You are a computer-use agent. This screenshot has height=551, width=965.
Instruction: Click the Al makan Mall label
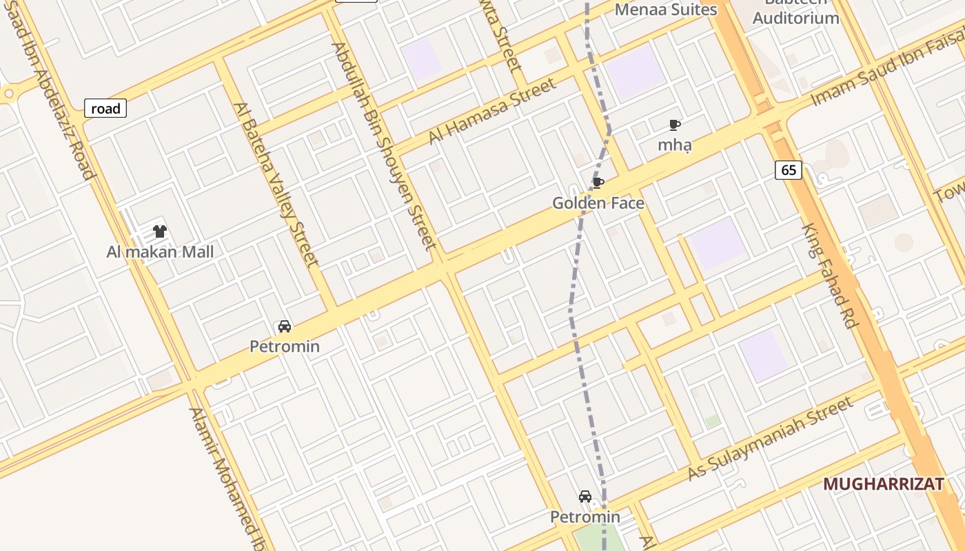click(160, 252)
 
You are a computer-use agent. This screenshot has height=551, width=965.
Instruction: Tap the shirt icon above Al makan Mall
click(160, 231)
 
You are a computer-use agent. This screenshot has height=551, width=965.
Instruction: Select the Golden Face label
click(598, 203)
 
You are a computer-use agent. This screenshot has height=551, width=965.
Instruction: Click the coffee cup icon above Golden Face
click(598, 183)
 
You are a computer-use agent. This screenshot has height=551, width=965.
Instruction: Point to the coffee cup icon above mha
click(675, 125)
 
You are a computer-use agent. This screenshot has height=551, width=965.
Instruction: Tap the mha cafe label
click(675, 145)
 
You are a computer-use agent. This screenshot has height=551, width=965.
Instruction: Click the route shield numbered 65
click(789, 170)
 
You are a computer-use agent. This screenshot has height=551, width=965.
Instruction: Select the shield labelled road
click(105, 108)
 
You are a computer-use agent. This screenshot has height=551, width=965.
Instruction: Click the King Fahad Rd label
click(829, 275)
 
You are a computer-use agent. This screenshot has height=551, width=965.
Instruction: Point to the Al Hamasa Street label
click(491, 111)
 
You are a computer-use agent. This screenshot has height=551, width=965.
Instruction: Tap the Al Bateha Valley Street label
click(276, 185)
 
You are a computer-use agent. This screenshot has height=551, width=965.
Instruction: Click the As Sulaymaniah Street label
click(770, 440)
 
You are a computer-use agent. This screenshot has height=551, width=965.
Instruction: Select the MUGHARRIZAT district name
click(883, 484)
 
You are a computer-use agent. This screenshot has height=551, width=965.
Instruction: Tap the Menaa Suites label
click(666, 10)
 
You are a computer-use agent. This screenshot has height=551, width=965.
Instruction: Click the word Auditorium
click(795, 19)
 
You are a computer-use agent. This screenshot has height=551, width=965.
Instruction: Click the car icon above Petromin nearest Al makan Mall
click(284, 326)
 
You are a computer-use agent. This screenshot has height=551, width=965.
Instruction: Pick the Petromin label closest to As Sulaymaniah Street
click(585, 517)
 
